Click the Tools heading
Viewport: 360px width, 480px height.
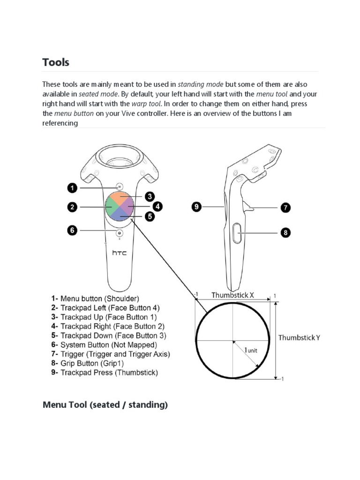click(x=56, y=62)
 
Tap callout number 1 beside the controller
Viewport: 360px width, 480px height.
click(x=72, y=188)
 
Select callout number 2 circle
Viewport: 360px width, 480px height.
click(x=72, y=206)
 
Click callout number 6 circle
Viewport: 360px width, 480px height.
click(x=72, y=231)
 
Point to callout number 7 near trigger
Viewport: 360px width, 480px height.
click(x=285, y=207)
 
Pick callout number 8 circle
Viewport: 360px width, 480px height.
click(x=285, y=232)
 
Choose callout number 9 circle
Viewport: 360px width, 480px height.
click(x=197, y=206)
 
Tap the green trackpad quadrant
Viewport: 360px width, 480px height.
click(x=112, y=206)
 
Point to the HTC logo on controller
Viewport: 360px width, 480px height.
click(x=119, y=253)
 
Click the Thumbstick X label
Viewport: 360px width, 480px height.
click(x=232, y=295)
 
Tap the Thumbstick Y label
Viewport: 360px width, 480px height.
click(x=300, y=337)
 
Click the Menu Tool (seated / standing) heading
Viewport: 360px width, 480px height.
click(x=105, y=405)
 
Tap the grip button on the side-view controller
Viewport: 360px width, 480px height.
click(x=237, y=232)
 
